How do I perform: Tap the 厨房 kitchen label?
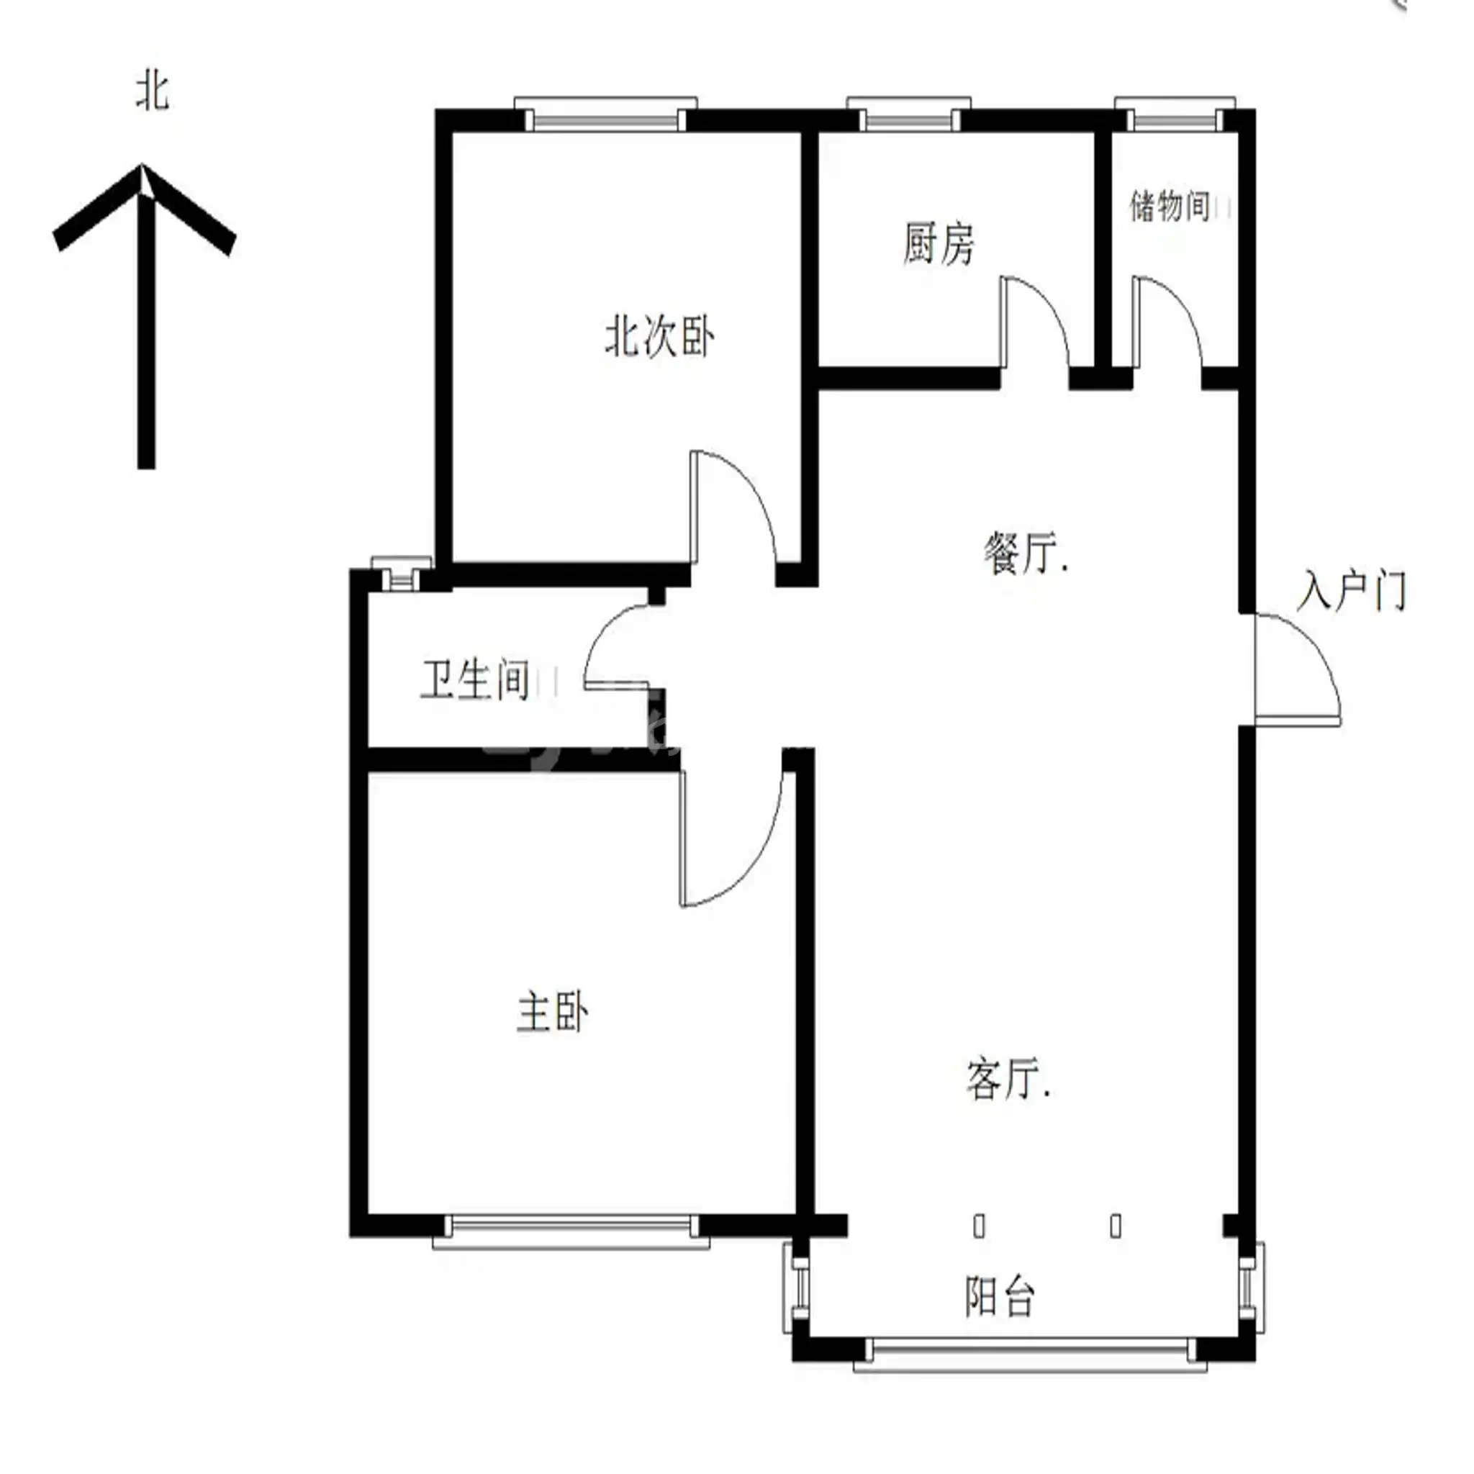click(939, 243)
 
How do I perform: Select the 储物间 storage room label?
click(1170, 206)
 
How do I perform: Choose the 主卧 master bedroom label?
click(552, 1012)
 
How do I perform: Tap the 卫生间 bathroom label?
click(474, 679)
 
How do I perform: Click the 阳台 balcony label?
click(1000, 1296)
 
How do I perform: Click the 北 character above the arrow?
click(152, 91)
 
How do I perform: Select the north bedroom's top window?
click(606, 114)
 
